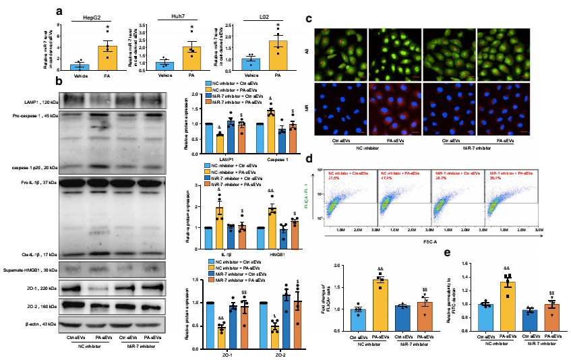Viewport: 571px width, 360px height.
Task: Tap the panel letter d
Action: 309,160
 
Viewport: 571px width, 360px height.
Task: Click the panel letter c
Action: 309,18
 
